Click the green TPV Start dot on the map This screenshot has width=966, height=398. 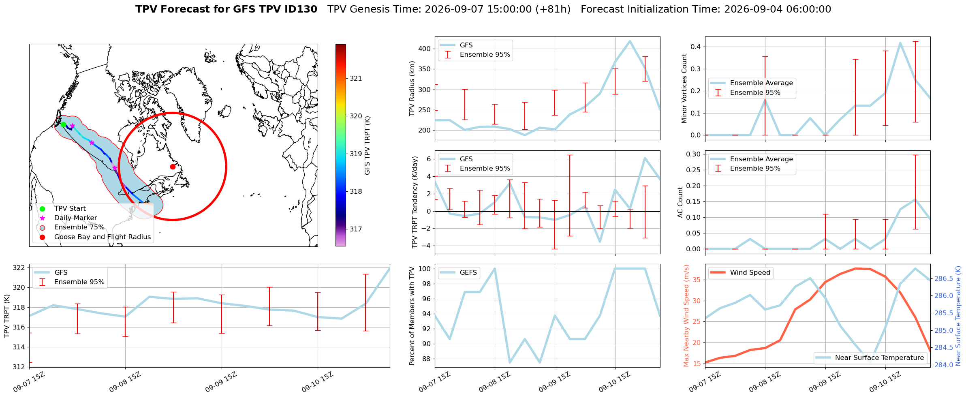pos(63,124)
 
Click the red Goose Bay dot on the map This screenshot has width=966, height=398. pos(173,167)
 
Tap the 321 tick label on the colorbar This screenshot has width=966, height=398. pos(356,78)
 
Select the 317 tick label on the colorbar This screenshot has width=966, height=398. pos(356,229)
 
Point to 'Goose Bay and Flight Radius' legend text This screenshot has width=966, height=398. pos(103,237)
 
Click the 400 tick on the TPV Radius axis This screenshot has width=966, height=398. pos(425,49)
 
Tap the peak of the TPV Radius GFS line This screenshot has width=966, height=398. pos(630,41)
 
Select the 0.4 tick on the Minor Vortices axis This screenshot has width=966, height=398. pos(696,47)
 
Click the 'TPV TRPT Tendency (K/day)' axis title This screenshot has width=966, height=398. pos(415,202)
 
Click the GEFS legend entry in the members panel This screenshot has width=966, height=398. pos(459,272)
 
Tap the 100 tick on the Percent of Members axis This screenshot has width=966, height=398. pos(425,269)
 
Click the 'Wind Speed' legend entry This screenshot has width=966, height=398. pos(740,272)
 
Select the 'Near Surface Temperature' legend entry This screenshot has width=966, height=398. pos(870,357)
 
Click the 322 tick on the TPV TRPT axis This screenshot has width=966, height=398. pos(19,267)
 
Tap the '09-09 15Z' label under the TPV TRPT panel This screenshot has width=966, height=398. pos(221,382)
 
